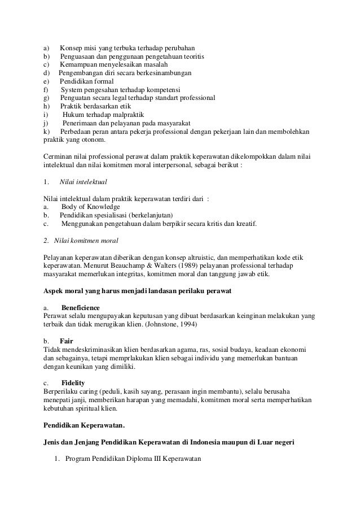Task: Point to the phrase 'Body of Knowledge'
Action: (x=90, y=207)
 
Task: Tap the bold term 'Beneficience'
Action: (x=80, y=307)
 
